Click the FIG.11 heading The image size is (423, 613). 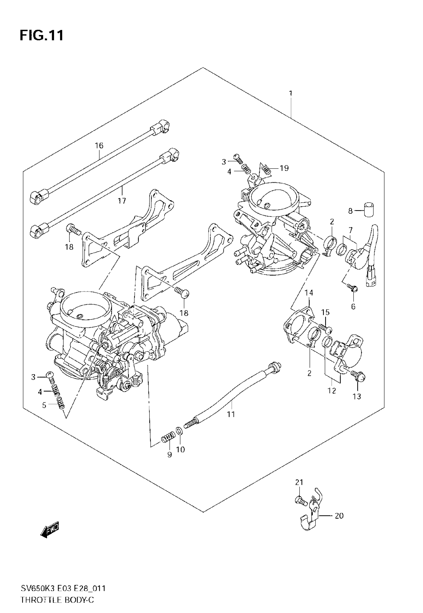pos(42,35)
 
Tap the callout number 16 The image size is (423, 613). pos(99,146)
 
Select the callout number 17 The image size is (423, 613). pos(122,201)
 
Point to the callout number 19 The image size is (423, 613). pos(284,168)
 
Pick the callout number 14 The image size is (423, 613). pos(309,293)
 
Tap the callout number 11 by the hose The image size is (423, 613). pos(231,414)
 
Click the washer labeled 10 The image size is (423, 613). pos(179,430)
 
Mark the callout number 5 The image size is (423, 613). pos(44,405)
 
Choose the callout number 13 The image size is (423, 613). pos(357,397)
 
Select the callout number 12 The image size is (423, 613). pos(332,391)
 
